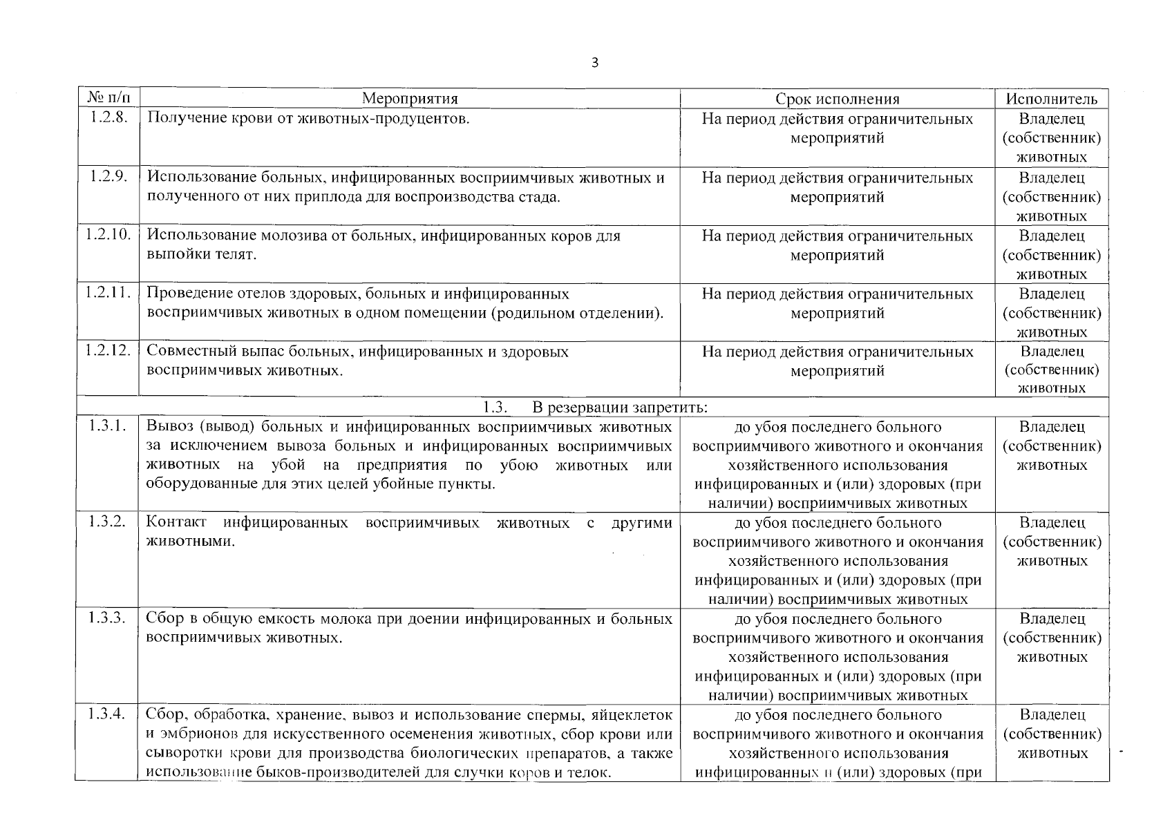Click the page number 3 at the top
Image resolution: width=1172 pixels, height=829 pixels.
[595, 63]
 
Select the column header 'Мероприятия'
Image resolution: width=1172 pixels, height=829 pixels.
[410, 99]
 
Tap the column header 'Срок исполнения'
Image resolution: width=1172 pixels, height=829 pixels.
[837, 99]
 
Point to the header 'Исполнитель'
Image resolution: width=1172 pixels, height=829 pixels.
[1051, 99]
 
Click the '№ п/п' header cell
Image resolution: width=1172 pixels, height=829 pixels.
[107, 98]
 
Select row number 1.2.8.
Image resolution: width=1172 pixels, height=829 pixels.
[108, 117]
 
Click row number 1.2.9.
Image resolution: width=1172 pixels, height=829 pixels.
[108, 176]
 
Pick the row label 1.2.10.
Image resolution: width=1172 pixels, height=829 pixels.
[108, 234]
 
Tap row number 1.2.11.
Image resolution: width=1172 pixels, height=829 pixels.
[108, 292]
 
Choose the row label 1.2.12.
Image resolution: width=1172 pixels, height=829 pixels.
[108, 350]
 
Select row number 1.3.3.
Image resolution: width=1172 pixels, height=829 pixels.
[108, 618]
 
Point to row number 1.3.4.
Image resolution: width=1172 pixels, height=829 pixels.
[108, 714]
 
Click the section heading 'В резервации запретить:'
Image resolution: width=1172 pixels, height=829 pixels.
[619, 407]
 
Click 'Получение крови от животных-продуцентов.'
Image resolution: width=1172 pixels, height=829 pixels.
[308, 118]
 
